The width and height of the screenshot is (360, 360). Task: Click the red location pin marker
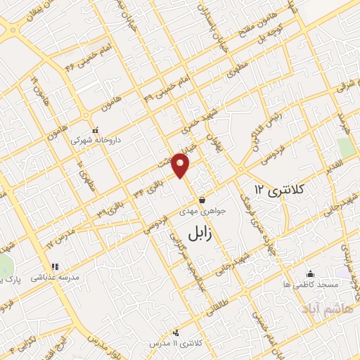[181, 165]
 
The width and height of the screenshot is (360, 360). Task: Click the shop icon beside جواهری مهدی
[202, 200]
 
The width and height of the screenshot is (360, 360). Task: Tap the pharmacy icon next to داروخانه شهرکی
[96, 130]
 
